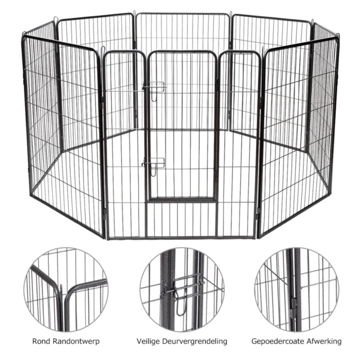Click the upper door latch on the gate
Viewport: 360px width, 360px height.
155,88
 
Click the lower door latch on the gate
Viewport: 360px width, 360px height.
154,164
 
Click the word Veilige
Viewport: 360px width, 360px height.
149,341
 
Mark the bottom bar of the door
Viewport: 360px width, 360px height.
182,200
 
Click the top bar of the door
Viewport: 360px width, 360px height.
182,52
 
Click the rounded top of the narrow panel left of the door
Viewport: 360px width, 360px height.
124,52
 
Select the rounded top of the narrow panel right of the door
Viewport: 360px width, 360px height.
239,52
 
